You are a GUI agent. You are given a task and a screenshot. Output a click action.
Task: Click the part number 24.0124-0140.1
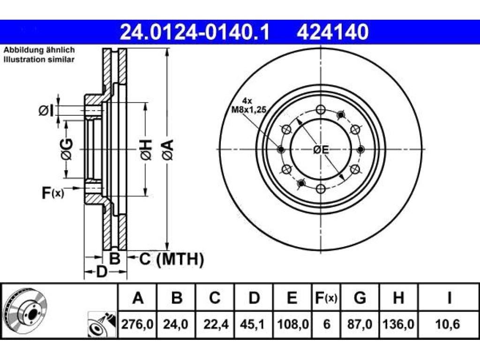[x=195, y=32]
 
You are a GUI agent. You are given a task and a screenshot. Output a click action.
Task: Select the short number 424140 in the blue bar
[x=332, y=32]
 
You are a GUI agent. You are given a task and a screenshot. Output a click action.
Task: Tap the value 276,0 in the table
[x=137, y=324]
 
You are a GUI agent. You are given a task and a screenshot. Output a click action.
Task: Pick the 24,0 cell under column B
[x=176, y=324]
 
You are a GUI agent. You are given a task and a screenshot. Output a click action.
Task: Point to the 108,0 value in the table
[x=292, y=324]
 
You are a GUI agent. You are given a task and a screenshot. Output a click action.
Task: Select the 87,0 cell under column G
[x=360, y=324]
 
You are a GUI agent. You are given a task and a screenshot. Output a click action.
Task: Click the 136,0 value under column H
[x=398, y=324]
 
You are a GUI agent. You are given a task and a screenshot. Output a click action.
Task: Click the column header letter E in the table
[x=292, y=298]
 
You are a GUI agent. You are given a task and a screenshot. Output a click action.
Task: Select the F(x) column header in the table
[x=326, y=298]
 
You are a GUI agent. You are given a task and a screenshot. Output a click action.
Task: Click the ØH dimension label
[x=146, y=150]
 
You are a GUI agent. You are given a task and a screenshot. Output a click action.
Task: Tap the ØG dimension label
[x=67, y=150]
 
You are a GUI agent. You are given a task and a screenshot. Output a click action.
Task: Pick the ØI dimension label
[x=46, y=111]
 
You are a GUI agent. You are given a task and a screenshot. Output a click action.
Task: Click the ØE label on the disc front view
[x=321, y=150]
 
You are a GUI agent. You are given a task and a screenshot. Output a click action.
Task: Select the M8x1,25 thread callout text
[x=248, y=109]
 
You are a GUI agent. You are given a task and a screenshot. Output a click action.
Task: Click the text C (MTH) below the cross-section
[x=171, y=259]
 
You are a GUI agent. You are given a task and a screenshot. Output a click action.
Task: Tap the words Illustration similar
[x=39, y=60]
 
